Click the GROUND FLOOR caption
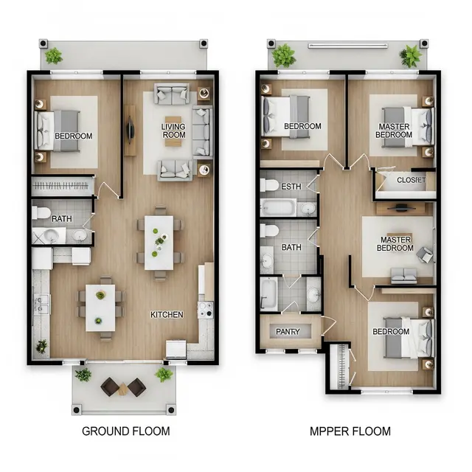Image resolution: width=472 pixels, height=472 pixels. pyautogui.click(x=126, y=431)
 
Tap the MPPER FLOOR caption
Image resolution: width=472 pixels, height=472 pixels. pyautogui.click(x=350, y=431)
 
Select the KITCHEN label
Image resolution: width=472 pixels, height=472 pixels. pyautogui.click(x=167, y=315)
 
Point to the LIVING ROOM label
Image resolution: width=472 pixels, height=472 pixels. pyautogui.click(x=173, y=131)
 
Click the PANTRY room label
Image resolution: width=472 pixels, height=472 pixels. pyautogui.click(x=288, y=331)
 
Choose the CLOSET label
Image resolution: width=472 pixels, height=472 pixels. pyautogui.click(x=412, y=180)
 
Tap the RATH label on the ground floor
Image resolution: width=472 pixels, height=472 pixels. pyautogui.click(x=62, y=218)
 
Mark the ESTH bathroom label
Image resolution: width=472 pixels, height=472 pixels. pyautogui.click(x=291, y=187)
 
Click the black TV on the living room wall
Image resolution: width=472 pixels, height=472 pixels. pyautogui.click(x=131, y=130)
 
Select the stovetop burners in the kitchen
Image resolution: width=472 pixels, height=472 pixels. pyautogui.click(x=206, y=310)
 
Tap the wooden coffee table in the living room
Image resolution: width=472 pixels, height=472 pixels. pyautogui.click(x=173, y=131)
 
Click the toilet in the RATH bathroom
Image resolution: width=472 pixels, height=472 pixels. pyautogui.click(x=41, y=212)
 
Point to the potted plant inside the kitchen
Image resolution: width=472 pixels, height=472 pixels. pyautogui.click(x=41, y=347)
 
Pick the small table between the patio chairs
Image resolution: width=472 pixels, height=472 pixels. pyautogui.click(x=123, y=389)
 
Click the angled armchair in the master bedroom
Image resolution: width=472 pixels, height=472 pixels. pyautogui.click(x=425, y=254)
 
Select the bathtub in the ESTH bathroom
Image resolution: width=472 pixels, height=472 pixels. pyautogui.click(x=279, y=207)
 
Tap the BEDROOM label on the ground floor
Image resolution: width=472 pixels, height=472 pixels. pyautogui.click(x=74, y=136)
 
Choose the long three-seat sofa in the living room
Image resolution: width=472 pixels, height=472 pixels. pyautogui.click(x=202, y=132)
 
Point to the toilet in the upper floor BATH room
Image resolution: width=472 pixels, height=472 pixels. pyautogui.click(x=269, y=231)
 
